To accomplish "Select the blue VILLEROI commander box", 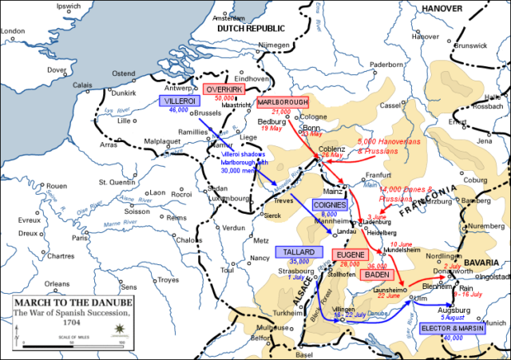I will [176, 102].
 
